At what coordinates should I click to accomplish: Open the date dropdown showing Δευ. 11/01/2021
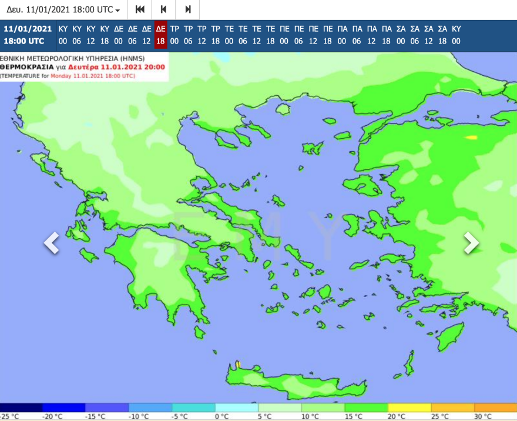pyautogui.click(x=63, y=9)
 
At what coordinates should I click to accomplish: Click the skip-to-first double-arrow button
pyautogui.click(x=140, y=9)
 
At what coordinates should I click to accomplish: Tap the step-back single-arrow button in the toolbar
pyautogui.click(x=164, y=9)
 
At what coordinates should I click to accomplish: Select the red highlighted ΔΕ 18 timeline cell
pyautogui.click(x=160, y=35)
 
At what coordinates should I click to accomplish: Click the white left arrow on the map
pyautogui.click(x=52, y=242)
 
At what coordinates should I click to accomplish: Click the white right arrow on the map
pyautogui.click(x=471, y=242)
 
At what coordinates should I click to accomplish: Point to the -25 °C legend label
pyautogui.click(x=9, y=416)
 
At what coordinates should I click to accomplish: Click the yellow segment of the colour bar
pyautogui.click(x=409, y=407)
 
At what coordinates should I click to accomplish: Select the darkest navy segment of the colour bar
pyautogui.click(x=21, y=407)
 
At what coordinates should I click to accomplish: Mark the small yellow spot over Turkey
pyautogui.click(x=471, y=138)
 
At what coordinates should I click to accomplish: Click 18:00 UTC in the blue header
pyautogui.click(x=23, y=41)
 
